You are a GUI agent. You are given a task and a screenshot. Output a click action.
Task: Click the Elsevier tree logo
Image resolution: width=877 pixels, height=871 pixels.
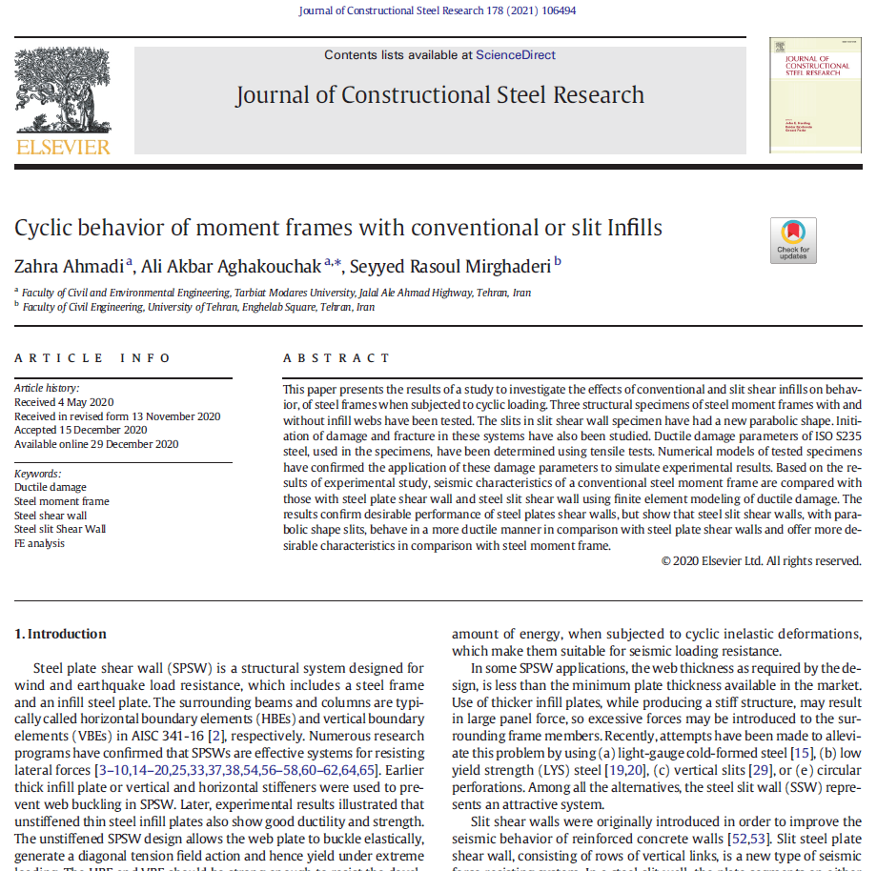coord(63,91)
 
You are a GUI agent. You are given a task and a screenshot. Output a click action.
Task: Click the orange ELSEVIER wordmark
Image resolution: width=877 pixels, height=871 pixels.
coord(63,147)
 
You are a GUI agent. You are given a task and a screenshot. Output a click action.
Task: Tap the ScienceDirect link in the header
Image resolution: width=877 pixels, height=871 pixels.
coord(515,55)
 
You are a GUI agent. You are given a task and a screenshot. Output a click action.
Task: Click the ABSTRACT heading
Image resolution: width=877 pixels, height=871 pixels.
coord(337,358)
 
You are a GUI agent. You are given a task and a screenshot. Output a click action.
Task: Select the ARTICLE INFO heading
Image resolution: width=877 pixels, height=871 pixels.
coord(92,358)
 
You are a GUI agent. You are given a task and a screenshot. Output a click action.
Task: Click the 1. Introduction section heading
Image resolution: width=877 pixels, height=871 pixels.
coord(60,634)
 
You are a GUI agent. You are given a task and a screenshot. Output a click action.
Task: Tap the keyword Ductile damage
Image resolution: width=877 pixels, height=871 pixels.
coord(51,487)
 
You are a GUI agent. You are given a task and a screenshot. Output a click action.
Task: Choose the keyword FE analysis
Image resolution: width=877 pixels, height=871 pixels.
coord(40,543)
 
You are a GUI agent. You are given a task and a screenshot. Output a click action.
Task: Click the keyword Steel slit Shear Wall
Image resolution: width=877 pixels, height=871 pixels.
coord(60,529)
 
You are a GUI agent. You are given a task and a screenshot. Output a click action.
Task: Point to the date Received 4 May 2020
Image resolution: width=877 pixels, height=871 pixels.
coord(63,402)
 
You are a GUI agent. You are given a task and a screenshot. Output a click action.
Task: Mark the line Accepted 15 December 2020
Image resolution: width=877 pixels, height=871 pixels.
coord(80,430)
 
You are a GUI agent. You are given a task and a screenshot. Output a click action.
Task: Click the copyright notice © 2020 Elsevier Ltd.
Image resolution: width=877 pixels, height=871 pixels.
coord(761,561)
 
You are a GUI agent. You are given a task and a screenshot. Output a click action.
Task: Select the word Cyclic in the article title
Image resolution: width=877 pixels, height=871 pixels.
coord(46,229)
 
